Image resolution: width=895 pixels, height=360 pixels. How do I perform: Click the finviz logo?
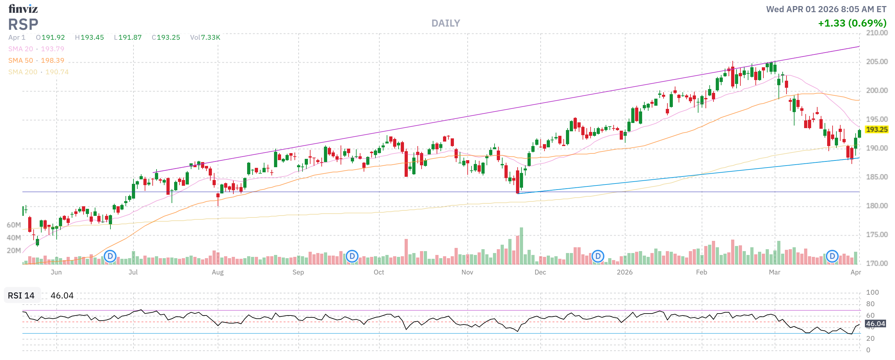[x=23, y=8]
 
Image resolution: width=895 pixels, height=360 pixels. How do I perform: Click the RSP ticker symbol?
[x=23, y=24]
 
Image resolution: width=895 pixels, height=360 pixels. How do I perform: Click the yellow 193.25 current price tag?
[x=876, y=130]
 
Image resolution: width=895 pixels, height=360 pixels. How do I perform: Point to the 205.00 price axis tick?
[x=876, y=62]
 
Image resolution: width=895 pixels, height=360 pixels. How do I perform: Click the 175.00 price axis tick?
[x=876, y=235]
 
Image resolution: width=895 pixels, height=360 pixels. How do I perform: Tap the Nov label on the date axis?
[x=467, y=273]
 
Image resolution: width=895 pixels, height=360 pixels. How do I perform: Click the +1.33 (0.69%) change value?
[x=852, y=23]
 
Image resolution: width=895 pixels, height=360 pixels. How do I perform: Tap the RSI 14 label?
[x=21, y=296]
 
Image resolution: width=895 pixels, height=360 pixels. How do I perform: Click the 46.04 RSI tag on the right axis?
[x=875, y=324]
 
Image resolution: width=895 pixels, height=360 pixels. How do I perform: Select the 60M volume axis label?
[x=13, y=225]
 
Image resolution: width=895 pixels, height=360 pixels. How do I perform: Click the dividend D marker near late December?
[x=598, y=257]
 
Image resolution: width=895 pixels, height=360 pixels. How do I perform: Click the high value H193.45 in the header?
[x=89, y=37]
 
